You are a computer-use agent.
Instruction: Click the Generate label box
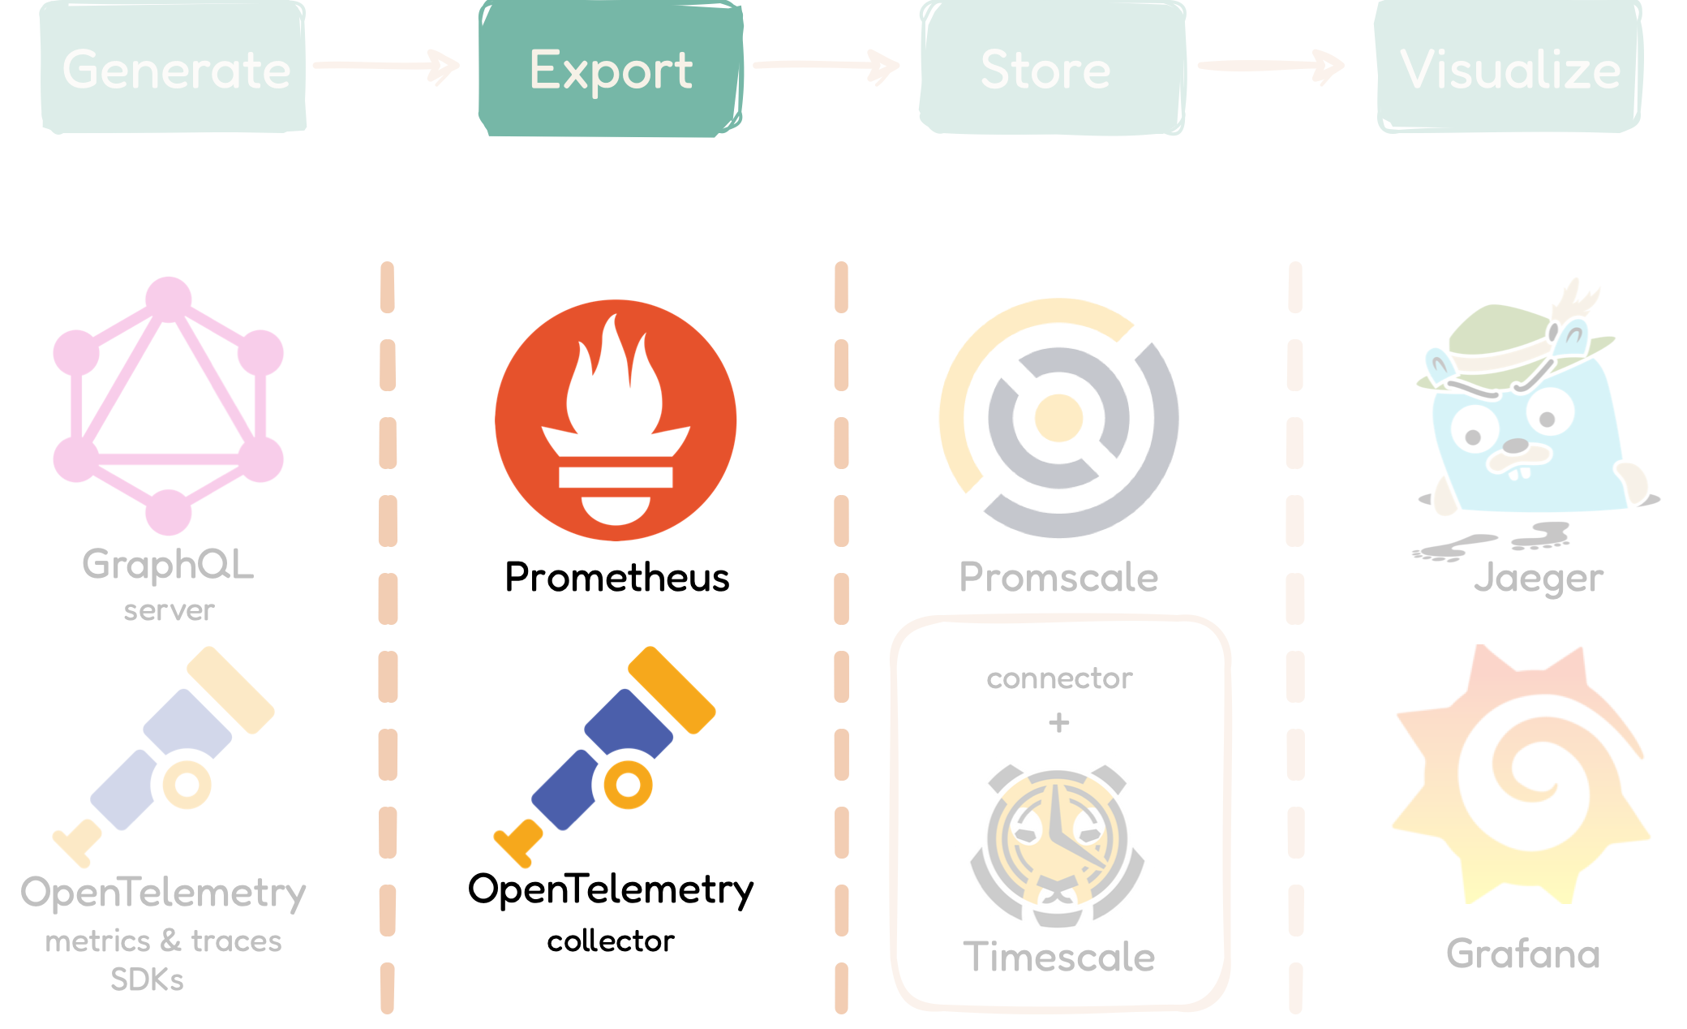(174, 68)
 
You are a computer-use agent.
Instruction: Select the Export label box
(611, 69)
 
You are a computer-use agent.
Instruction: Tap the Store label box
(1052, 69)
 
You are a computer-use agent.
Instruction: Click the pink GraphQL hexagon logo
(169, 406)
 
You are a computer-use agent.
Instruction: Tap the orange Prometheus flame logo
(616, 420)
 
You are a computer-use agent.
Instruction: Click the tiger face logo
(1057, 839)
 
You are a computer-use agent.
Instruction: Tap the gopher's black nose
(1515, 446)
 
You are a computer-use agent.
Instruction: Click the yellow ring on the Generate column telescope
(187, 785)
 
